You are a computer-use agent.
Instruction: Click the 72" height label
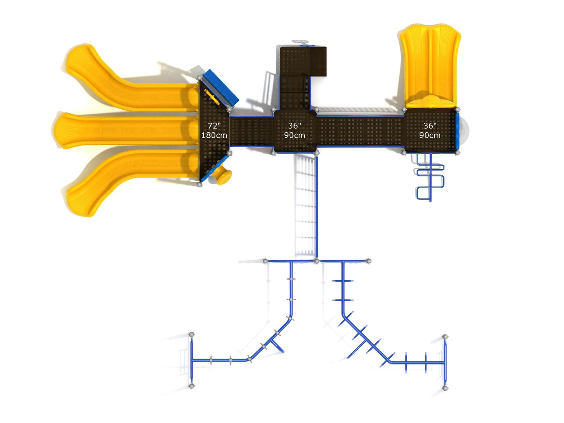[x=214, y=126]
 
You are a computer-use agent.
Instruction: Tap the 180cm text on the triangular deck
[x=214, y=135]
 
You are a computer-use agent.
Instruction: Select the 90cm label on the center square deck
[x=294, y=135]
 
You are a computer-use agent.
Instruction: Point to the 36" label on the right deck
[x=430, y=126]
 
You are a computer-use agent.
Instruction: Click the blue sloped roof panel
[x=221, y=88]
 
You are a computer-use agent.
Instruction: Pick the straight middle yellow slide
[x=126, y=130]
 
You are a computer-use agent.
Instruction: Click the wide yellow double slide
[x=430, y=66]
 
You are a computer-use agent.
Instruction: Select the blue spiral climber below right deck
[x=430, y=177]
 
